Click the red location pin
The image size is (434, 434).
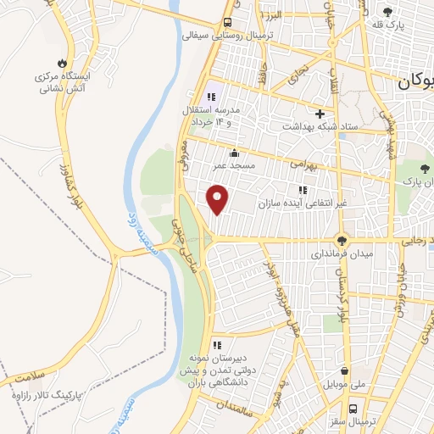click(x=218, y=198)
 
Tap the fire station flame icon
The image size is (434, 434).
click(x=61, y=63)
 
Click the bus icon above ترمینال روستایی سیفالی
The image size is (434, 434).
click(x=227, y=23)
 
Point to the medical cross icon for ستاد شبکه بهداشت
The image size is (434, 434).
click(x=320, y=114)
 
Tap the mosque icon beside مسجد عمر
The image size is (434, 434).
click(x=233, y=154)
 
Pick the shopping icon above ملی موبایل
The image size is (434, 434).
click(x=343, y=370)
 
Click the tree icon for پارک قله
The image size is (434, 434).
click(x=387, y=12)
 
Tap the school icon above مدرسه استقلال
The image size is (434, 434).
click(x=210, y=97)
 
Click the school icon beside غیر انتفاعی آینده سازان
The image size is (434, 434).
click(x=301, y=188)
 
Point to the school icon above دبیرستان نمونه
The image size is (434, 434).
click(x=218, y=345)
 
